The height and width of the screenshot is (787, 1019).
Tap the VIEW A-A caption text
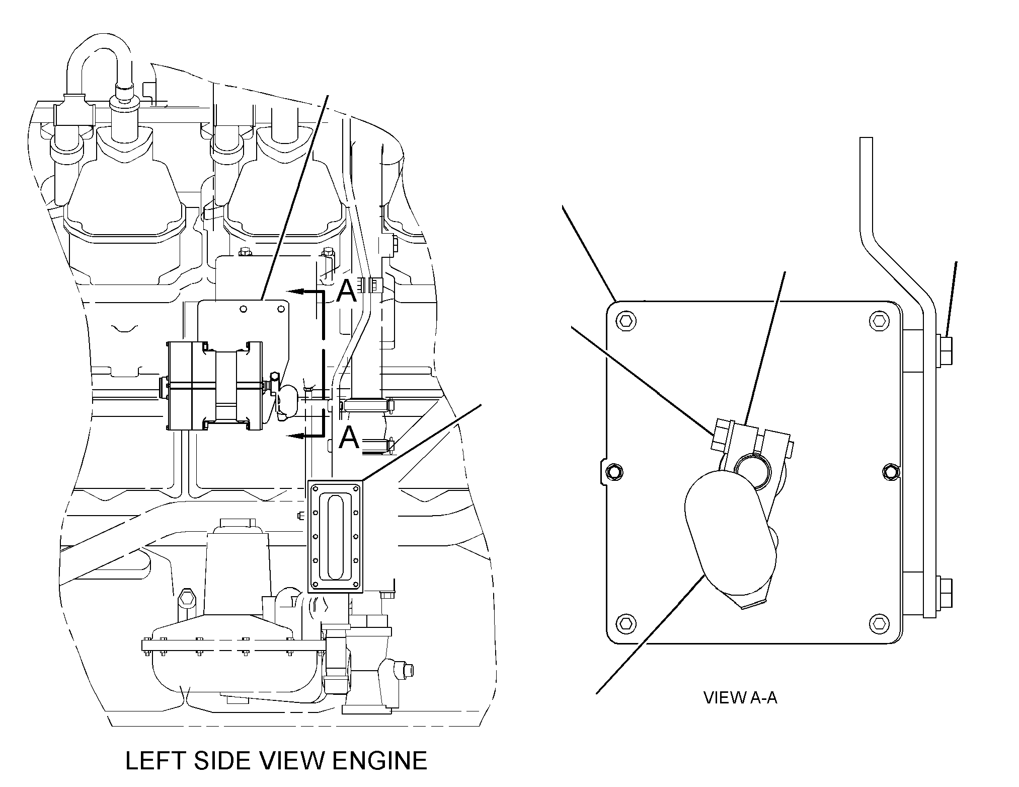pos(740,697)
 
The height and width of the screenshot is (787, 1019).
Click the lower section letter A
pos(350,437)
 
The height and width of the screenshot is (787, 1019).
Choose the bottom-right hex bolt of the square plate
pos(879,623)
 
